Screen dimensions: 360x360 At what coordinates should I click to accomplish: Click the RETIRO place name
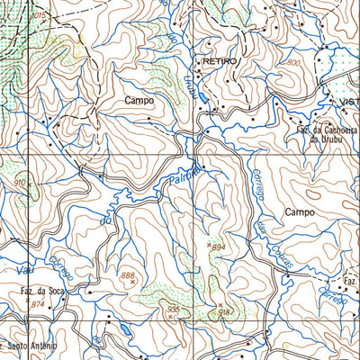coord(220,60)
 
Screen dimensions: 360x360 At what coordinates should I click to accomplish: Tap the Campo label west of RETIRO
coord(139,102)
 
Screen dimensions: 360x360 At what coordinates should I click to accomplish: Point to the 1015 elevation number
coord(38,16)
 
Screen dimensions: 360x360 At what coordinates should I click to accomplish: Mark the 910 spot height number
coord(19,183)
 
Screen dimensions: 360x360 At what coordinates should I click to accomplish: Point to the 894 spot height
coord(219,247)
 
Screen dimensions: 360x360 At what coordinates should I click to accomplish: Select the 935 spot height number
coord(174,309)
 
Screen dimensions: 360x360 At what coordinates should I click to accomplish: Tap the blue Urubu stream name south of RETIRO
coord(190,87)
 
